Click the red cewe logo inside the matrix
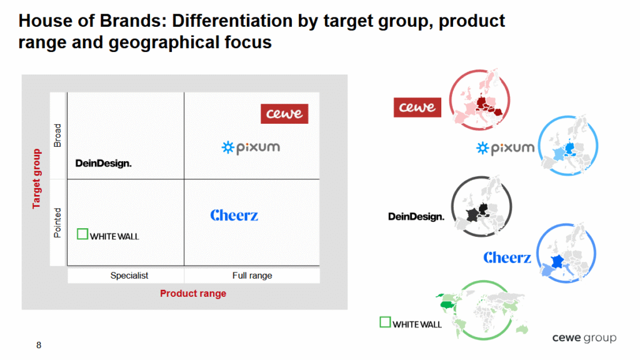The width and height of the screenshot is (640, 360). pyautogui.click(x=284, y=114)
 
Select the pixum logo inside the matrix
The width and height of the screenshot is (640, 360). pyautogui.click(x=251, y=147)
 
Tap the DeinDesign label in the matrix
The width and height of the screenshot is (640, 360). pyautogui.click(x=103, y=163)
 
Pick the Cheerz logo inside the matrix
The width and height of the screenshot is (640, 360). pyautogui.click(x=234, y=215)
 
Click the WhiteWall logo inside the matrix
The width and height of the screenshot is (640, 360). pyautogui.click(x=108, y=235)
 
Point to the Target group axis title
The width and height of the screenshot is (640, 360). pyautogui.click(x=37, y=179)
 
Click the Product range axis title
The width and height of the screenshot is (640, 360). pyautogui.click(x=193, y=294)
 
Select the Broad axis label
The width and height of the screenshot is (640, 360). pyautogui.click(x=57, y=136)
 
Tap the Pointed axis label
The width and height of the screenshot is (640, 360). pyautogui.click(x=57, y=223)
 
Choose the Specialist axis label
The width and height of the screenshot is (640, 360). pyautogui.click(x=129, y=276)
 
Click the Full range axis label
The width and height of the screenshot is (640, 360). pyautogui.click(x=252, y=276)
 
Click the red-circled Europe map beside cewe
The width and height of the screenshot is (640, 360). pyautogui.click(x=479, y=99)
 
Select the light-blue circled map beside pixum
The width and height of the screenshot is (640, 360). pyautogui.click(x=567, y=146)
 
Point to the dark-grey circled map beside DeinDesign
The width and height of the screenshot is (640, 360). pyautogui.click(x=481, y=206)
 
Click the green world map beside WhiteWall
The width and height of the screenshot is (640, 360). pyautogui.click(x=483, y=310)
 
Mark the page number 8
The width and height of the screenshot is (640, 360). pyautogui.click(x=39, y=345)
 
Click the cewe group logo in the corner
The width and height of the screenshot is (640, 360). pyautogui.click(x=584, y=338)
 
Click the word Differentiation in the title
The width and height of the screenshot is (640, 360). pyautogui.click(x=232, y=21)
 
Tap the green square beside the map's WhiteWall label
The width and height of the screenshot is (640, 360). pyautogui.click(x=385, y=322)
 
